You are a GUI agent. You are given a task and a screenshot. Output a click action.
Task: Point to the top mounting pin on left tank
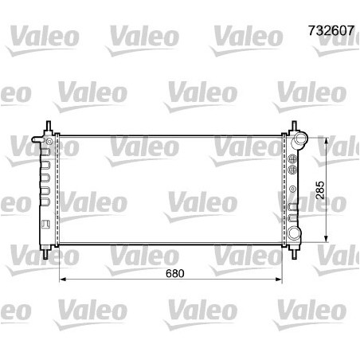pyautogui.click(x=49, y=126)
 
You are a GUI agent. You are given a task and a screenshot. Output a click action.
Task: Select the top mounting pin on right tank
pyautogui.click(x=294, y=126)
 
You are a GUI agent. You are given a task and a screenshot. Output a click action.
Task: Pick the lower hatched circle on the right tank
pyautogui.click(x=292, y=170)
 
